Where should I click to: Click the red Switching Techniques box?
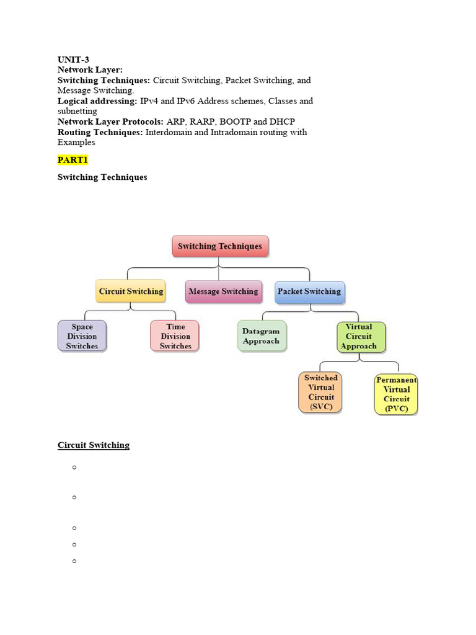coord(220,246)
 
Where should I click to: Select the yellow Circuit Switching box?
coord(131,291)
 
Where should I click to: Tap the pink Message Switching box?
coord(223,291)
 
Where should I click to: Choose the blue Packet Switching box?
coord(309,291)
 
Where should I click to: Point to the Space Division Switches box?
coord(82,336)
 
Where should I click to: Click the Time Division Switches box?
coord(175,336)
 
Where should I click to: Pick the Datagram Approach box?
coord(261,336)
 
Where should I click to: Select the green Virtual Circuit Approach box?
coord(361,336)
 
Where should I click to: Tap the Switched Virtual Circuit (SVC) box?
coord(320,393)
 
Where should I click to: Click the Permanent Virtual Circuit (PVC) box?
coord(397,394)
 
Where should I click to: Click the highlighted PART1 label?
coord(73,160)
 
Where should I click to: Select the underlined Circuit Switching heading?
coord(94,445)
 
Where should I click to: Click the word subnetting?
coord(77,111)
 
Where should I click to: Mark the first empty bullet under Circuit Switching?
coord(74,467)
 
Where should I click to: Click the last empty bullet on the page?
coord(74,561)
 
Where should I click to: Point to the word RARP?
coord(214,122)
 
